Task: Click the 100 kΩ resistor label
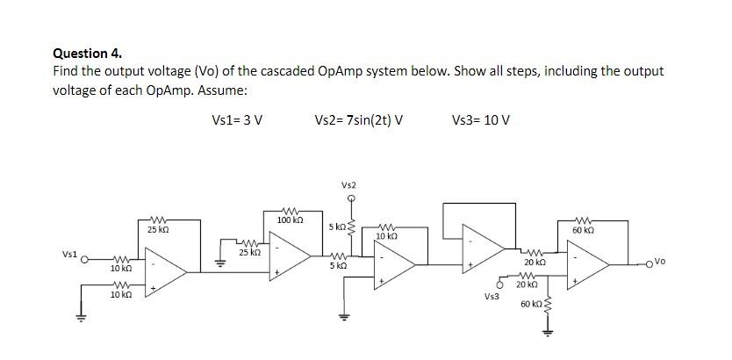[290, 219]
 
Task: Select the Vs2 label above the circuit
[349, 184]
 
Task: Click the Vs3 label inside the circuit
[492, 297]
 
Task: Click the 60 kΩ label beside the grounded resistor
[530, 304]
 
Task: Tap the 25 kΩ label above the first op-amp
[158, 229]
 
